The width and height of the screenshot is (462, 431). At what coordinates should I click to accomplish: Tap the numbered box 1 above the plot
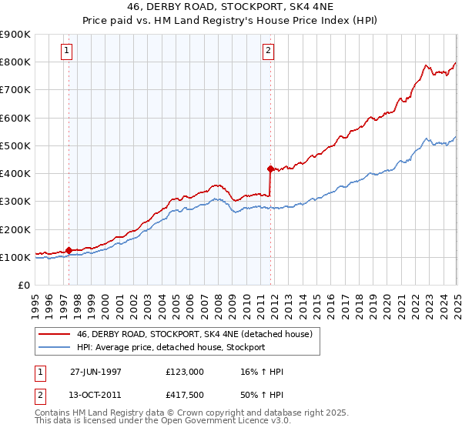point(68,52)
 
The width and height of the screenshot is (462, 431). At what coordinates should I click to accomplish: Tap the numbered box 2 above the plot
point(268,52)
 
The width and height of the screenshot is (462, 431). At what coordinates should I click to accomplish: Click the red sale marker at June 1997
point(69,250)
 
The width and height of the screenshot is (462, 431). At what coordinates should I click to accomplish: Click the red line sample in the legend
point(54,335)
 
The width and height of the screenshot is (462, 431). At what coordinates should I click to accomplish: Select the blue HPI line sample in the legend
point(54,347)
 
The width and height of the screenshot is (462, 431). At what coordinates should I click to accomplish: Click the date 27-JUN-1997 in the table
point(95,372)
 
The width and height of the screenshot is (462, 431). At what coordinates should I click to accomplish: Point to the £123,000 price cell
point(184,372)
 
